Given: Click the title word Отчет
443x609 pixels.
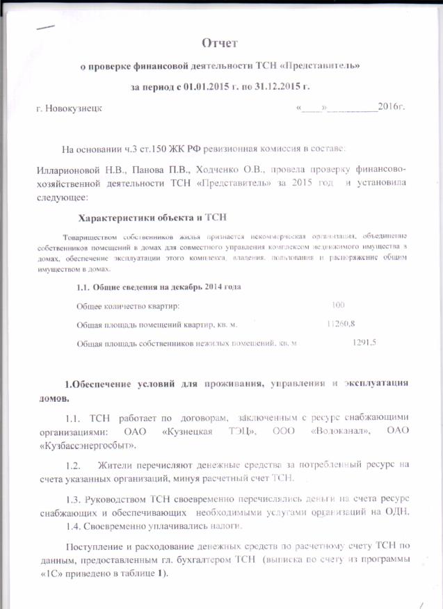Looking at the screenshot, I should (x=220, y=43).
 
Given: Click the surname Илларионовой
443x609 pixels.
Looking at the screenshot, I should (x=72, y=170).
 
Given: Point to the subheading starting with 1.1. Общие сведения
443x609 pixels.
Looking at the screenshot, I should (x=158, y=287).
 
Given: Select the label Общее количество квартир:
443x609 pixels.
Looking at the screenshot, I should (x=127, y=306).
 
